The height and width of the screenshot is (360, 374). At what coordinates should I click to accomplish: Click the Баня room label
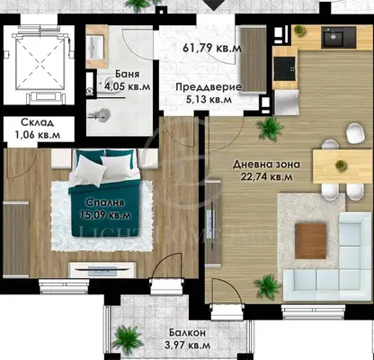127,74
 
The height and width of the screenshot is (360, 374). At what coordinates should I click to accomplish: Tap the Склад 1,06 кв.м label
38,129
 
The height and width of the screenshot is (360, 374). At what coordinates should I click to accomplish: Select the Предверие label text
209,87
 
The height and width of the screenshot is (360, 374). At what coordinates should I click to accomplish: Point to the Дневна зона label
267,165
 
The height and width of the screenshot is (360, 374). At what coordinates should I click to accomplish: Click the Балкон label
187,333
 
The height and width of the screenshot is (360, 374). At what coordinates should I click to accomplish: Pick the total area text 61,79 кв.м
212,48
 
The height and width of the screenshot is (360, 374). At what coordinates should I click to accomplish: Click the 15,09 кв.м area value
105,215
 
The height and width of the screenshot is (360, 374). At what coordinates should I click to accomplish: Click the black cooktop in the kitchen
284,68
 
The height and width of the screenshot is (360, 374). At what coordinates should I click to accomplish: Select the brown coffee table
310,241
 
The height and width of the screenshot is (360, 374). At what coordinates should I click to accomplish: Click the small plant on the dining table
340,165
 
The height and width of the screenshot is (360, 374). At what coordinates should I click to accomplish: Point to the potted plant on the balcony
127,337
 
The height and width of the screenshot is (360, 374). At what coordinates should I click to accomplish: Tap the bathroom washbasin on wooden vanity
97,47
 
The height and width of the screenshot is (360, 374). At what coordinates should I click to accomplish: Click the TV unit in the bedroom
102,270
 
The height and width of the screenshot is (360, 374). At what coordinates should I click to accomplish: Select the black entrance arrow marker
213,5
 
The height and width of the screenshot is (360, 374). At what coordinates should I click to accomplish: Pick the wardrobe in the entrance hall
254,59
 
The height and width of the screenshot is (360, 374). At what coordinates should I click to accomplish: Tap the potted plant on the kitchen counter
298,30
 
